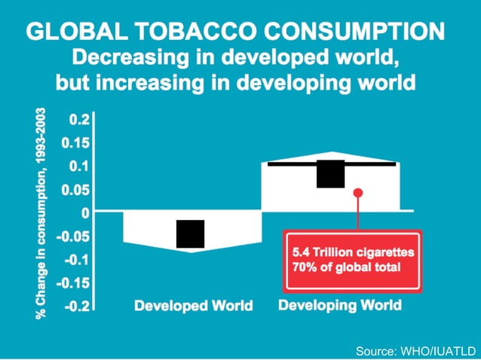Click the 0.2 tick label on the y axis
click(x=79, y=119)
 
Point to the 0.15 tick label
click(x=76, y=142)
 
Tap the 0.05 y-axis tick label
click(x=76, y=189)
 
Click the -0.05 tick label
click(x=73, y=236)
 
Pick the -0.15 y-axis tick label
click(x=73, y=283)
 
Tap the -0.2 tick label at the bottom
click(x=76, y=307)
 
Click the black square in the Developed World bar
click(x=190, y=233)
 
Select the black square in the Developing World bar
click(x=330, y=173)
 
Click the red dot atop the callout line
click(x=358, y=193)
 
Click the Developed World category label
click(x=193, y=306)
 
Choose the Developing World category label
click(x=340, y=305)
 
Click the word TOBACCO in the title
click(x=194, y=31)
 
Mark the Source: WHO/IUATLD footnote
click(x=416, y=350)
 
